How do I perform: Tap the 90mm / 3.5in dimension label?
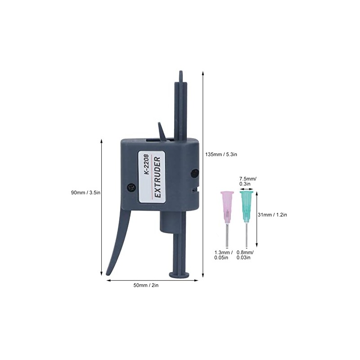click(85, 193)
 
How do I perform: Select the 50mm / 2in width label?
click(147, 285)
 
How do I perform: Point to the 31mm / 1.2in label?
click(273, 215)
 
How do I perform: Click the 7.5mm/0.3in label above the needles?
click(247, 181)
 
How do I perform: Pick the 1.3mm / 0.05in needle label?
click(223, 255)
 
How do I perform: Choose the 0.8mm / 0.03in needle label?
click(245, 255)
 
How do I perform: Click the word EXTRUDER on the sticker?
click(157, 177)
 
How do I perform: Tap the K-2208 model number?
click(147, 167)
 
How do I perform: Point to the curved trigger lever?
click(118, 243)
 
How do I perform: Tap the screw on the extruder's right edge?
click(194, 173)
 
